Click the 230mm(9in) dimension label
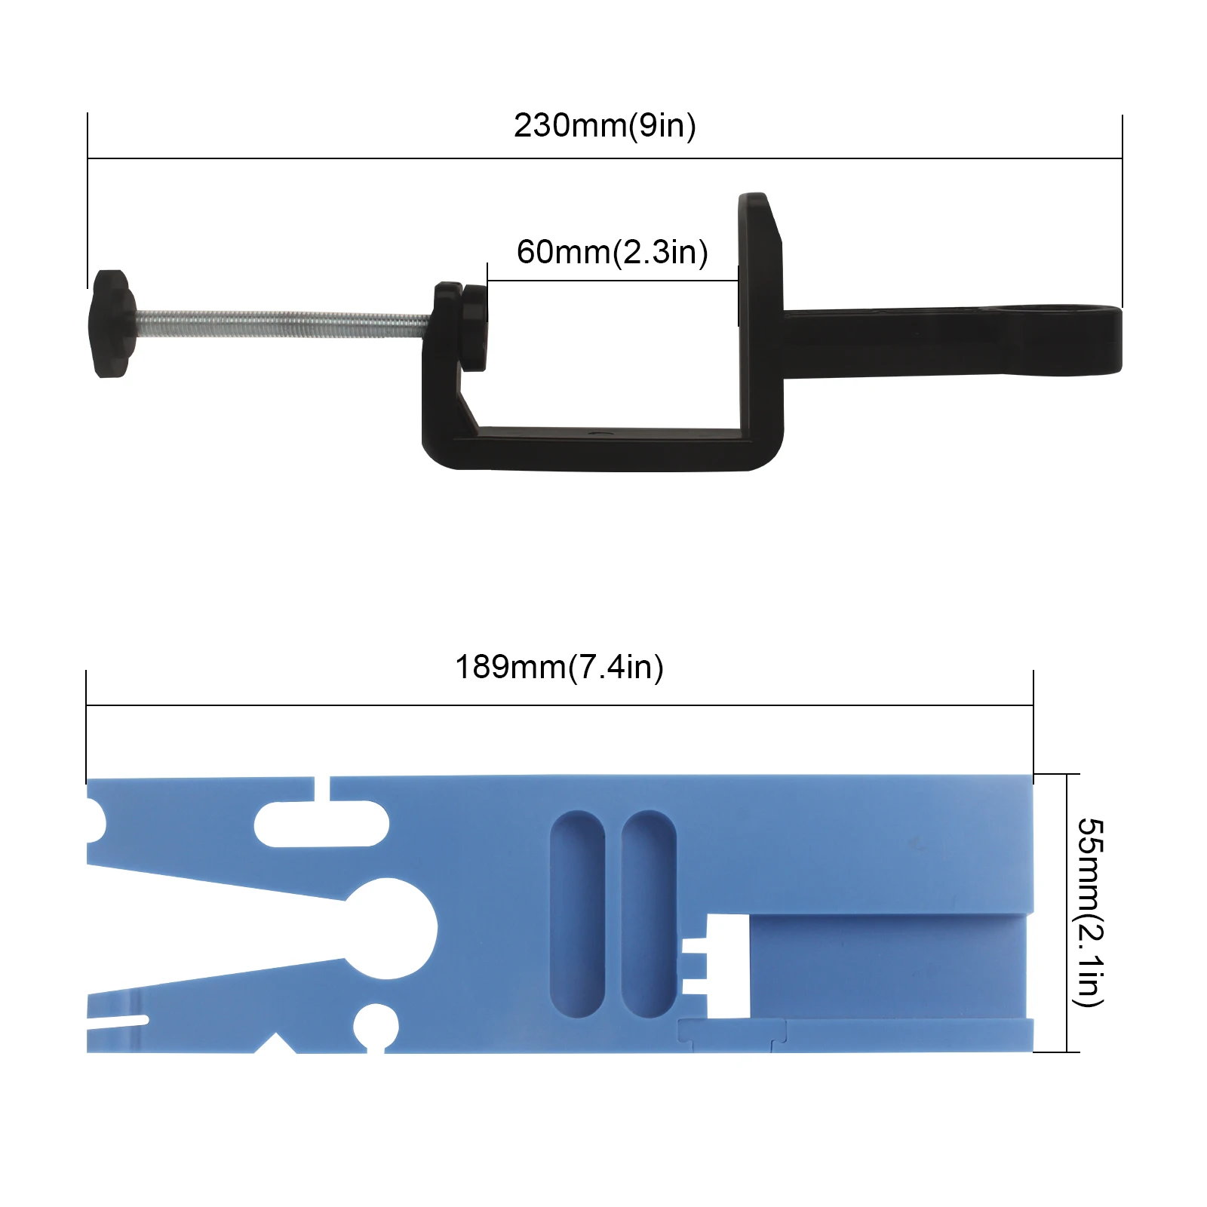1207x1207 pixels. pyautogui.click(x=604, y=125)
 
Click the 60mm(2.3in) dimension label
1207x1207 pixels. pyautogui.click(x=612, y=252)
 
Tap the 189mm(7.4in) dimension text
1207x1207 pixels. pyautogui.click(x=559, y=667)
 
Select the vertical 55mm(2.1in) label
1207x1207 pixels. pyautogui.click(x=1089, y=912)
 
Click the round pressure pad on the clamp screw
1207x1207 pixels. pyautogui.click(x=475, y=327)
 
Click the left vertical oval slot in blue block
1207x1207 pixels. pyautogui.click(x=578, y=914)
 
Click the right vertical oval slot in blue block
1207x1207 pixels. pyautogui.click(x=649, y=914)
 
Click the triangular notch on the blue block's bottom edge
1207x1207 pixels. pyautogui.click(x=276, y=1045)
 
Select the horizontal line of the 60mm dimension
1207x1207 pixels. pyautogui.click(x=612, y=281)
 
